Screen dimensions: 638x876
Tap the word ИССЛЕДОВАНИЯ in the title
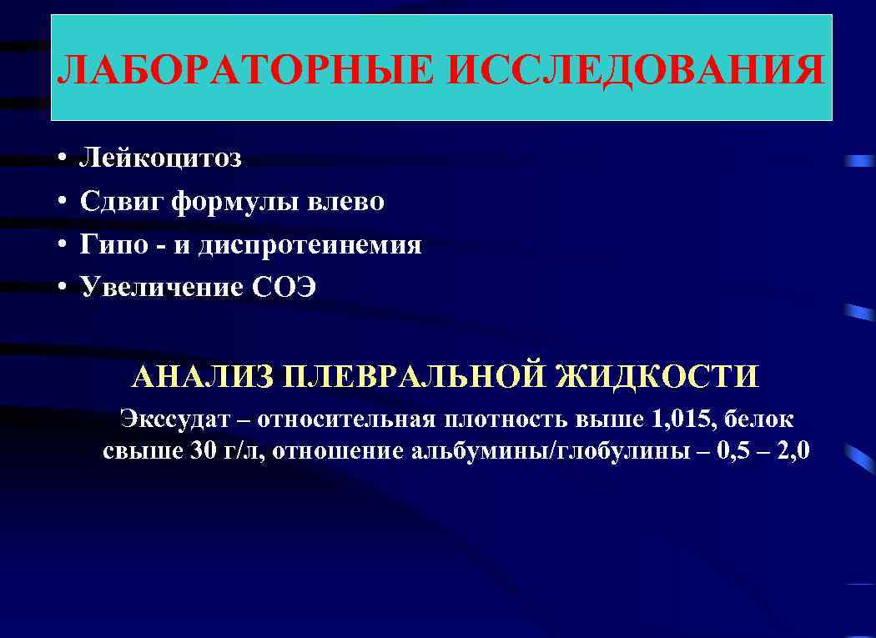point(634,70)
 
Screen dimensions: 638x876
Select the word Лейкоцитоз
point(161,158)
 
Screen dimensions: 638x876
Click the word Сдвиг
point(122,202)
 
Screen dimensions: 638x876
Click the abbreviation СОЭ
point(284,288)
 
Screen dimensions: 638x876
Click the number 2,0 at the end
point(792,451)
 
